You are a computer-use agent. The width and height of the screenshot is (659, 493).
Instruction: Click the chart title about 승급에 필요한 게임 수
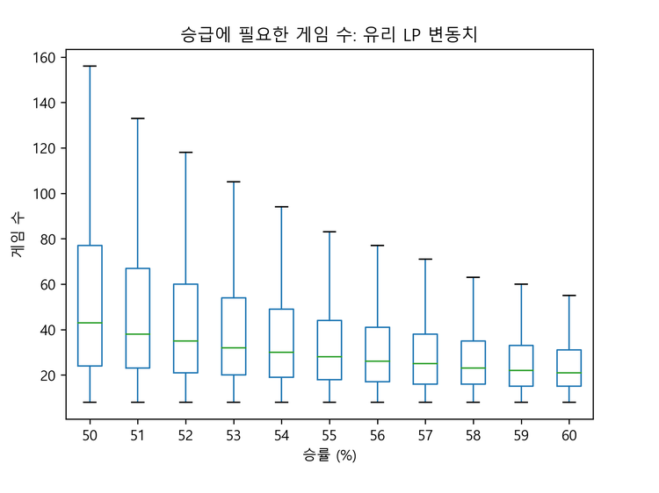[329, 34]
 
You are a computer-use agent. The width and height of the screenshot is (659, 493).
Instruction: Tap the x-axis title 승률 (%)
[329, 455]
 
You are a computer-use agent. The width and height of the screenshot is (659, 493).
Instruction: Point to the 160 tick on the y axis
[45, 58]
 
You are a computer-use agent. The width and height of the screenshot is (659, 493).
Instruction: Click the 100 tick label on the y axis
[45, 194]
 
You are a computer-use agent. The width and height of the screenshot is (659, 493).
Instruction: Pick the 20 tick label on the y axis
[48, 375]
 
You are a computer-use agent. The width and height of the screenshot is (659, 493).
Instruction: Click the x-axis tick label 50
[90, 434]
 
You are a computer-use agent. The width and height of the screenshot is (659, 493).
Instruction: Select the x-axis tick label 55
[329, 434]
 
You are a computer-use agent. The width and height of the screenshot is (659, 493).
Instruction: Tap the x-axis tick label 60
[568, 434]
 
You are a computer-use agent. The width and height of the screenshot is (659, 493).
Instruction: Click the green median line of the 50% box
[90, 323]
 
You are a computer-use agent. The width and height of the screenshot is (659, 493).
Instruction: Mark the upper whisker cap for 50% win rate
[90, 66]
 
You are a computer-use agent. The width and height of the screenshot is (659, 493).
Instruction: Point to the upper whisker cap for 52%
[185, 153]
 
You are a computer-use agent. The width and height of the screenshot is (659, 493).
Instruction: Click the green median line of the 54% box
[281, 352]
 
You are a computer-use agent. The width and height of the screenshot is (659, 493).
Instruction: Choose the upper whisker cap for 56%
[377, 246]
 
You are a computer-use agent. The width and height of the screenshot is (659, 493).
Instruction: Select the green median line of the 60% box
[568, 373]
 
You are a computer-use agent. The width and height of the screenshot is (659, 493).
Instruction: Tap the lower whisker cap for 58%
[473, 402]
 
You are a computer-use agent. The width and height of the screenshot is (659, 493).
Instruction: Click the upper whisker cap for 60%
[568, 296]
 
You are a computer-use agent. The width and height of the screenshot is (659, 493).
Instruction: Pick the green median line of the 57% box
[425, 363]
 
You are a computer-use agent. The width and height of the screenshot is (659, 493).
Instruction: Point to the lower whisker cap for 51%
[138, 402]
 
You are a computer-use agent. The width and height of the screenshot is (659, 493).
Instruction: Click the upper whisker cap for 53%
[234, 182]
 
